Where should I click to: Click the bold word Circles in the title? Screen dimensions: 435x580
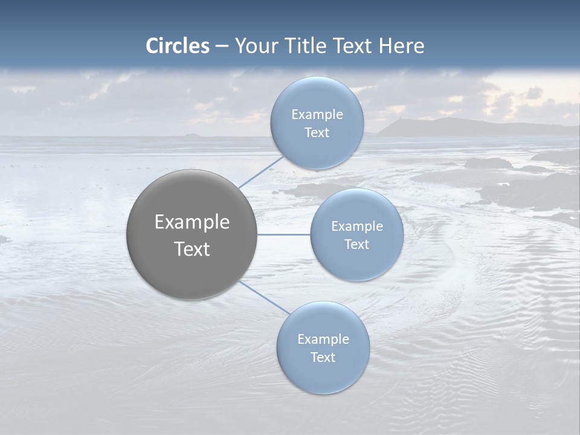[x=178, y=46]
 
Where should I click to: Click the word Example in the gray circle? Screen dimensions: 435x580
[x=192, y=222]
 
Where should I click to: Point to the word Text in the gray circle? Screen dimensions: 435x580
[x=192, y=249]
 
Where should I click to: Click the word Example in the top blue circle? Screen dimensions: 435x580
[x=317, y=115]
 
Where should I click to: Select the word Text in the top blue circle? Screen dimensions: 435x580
[x=317, y=133]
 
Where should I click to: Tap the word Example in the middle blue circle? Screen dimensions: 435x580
[x=356, y=227]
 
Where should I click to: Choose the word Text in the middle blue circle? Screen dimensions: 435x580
[x=356, y=245]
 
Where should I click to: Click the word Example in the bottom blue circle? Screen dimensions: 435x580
[x=323, y=340]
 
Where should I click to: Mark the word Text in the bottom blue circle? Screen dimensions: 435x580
[x=323, y=358]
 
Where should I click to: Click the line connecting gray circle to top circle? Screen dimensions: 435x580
[x=261, y=172]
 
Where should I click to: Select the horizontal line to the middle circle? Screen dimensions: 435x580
[x=284, y=234]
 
